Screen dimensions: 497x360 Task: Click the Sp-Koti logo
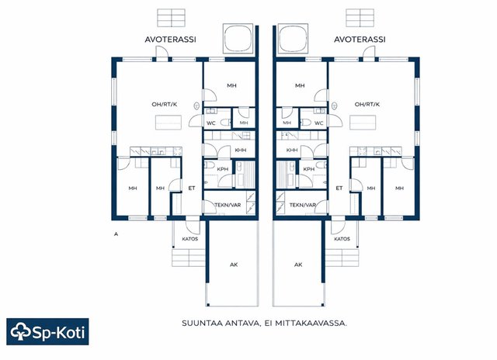coord(47,331)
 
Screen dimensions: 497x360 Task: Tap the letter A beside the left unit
coord(116,234)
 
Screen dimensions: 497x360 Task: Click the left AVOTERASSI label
coord(170,40)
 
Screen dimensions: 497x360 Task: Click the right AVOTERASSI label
coord(360,40)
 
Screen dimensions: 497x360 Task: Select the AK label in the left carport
coord(234,265)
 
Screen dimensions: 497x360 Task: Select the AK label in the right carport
coord(298,265)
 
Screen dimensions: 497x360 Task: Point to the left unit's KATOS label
coord(189,239)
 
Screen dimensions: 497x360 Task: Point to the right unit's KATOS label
coord(342,239)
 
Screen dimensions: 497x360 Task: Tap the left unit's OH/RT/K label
coord(165,104)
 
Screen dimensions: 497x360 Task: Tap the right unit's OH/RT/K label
coord(367,104)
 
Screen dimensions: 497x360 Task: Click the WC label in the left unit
coord(210,123)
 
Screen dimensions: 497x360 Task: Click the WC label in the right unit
coord(319,123)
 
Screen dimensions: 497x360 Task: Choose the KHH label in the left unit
coord(241,150)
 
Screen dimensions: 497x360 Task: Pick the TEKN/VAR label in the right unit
coord(302,205)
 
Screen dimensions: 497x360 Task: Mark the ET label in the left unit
coord(192,188)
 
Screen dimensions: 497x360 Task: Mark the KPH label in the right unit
coord(309,169)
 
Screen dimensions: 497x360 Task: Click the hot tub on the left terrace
coord(238,38)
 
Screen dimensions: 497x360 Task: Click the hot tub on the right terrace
coord(294,38)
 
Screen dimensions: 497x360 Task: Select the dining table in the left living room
coord(169,123)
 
